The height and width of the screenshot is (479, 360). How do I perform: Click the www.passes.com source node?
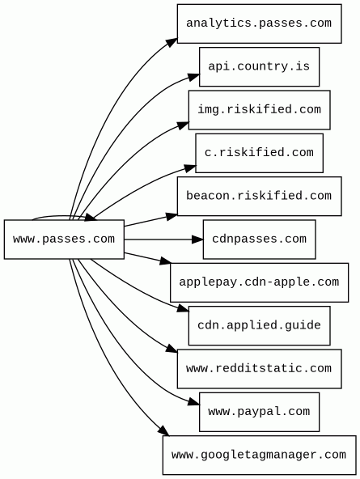pyautogui.click(x=64, y=239)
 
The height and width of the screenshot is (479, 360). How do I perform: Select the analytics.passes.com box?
pyautogui.click(x=259, y=23)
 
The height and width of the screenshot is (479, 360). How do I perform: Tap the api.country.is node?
pyautogui.click(x=259, y=66)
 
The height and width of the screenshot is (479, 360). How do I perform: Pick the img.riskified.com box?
pyautogui.click(x=259, y=110)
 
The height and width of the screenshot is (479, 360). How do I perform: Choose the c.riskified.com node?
pyautogui.click(x=259, y=153)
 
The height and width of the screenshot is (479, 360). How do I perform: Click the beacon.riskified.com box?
pyautogui.click(x=259, y=196)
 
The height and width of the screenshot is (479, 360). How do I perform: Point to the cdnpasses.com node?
pyautogui.click(x=259, y=239)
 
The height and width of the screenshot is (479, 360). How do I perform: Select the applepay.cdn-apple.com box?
pyautogui.click(x=259, y=282)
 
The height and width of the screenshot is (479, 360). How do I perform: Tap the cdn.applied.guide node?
pyautogui.click(x=259, y=325)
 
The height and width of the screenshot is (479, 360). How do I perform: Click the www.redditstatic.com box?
pyautogui.click(x=259, y=369)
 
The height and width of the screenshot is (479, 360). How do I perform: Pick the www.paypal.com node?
pyautogui.click(x=259, y=412)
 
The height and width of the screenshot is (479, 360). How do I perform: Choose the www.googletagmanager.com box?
pyautogui.click(x=259, y=456)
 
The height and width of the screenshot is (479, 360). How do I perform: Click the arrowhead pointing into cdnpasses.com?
pyautogui.click(x=197, y=239)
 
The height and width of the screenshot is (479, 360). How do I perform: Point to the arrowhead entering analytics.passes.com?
pyautogui.click(x=172, y=42)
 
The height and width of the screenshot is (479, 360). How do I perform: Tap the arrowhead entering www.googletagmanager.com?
pyautogui.click(x=164, y=430)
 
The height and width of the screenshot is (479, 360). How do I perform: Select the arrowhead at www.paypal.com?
pyautogui.click(x=194, y=402)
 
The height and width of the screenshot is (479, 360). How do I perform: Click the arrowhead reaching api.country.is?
pyautogui.click(x=194, y=77)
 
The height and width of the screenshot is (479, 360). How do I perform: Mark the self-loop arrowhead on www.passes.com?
pyautogui.click(x=91, y=217)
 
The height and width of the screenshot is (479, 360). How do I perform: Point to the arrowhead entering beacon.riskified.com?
pyautogui.click(x=172, y=216)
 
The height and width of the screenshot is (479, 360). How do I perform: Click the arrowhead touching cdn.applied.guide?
pyautogui.click(x=183, y=308)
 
